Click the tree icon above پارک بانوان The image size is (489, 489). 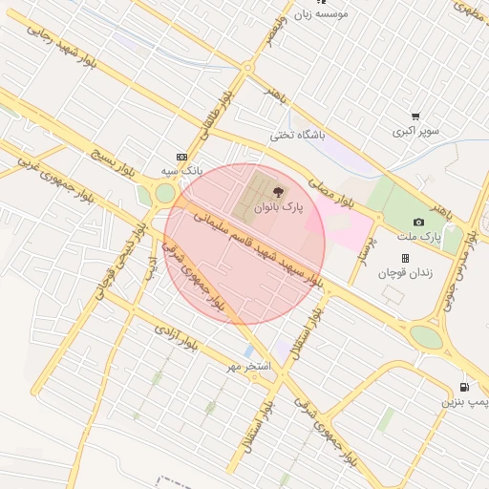(x=278, y=192)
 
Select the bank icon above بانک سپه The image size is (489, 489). (x=182, y=156)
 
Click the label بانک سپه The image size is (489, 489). (x=183, y=170)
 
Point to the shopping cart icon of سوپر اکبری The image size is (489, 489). (x=415, y=117)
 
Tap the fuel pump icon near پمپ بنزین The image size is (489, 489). (x=464, y=388)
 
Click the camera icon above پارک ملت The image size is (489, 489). (x=418, y=222)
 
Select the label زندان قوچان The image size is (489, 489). (x=405, y=273)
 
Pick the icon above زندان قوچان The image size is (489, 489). (x=405, y=258)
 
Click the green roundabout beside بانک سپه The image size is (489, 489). (x=165, y=193)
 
